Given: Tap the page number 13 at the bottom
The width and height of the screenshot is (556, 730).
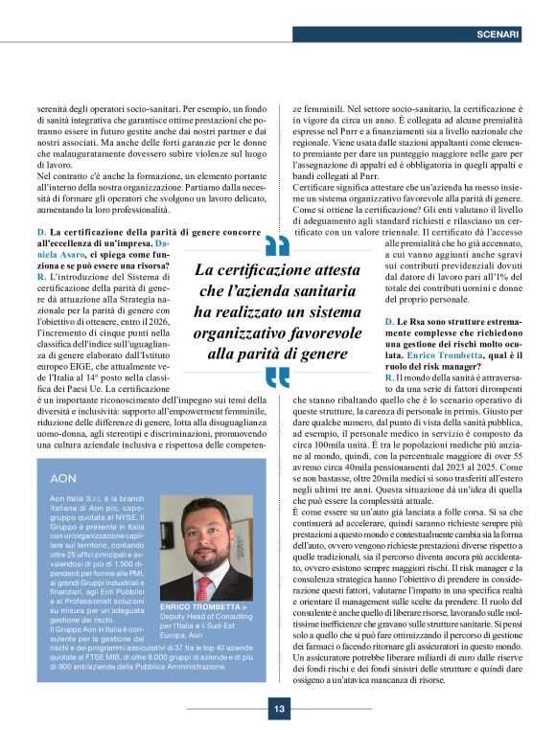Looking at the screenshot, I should tap(278, 710).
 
